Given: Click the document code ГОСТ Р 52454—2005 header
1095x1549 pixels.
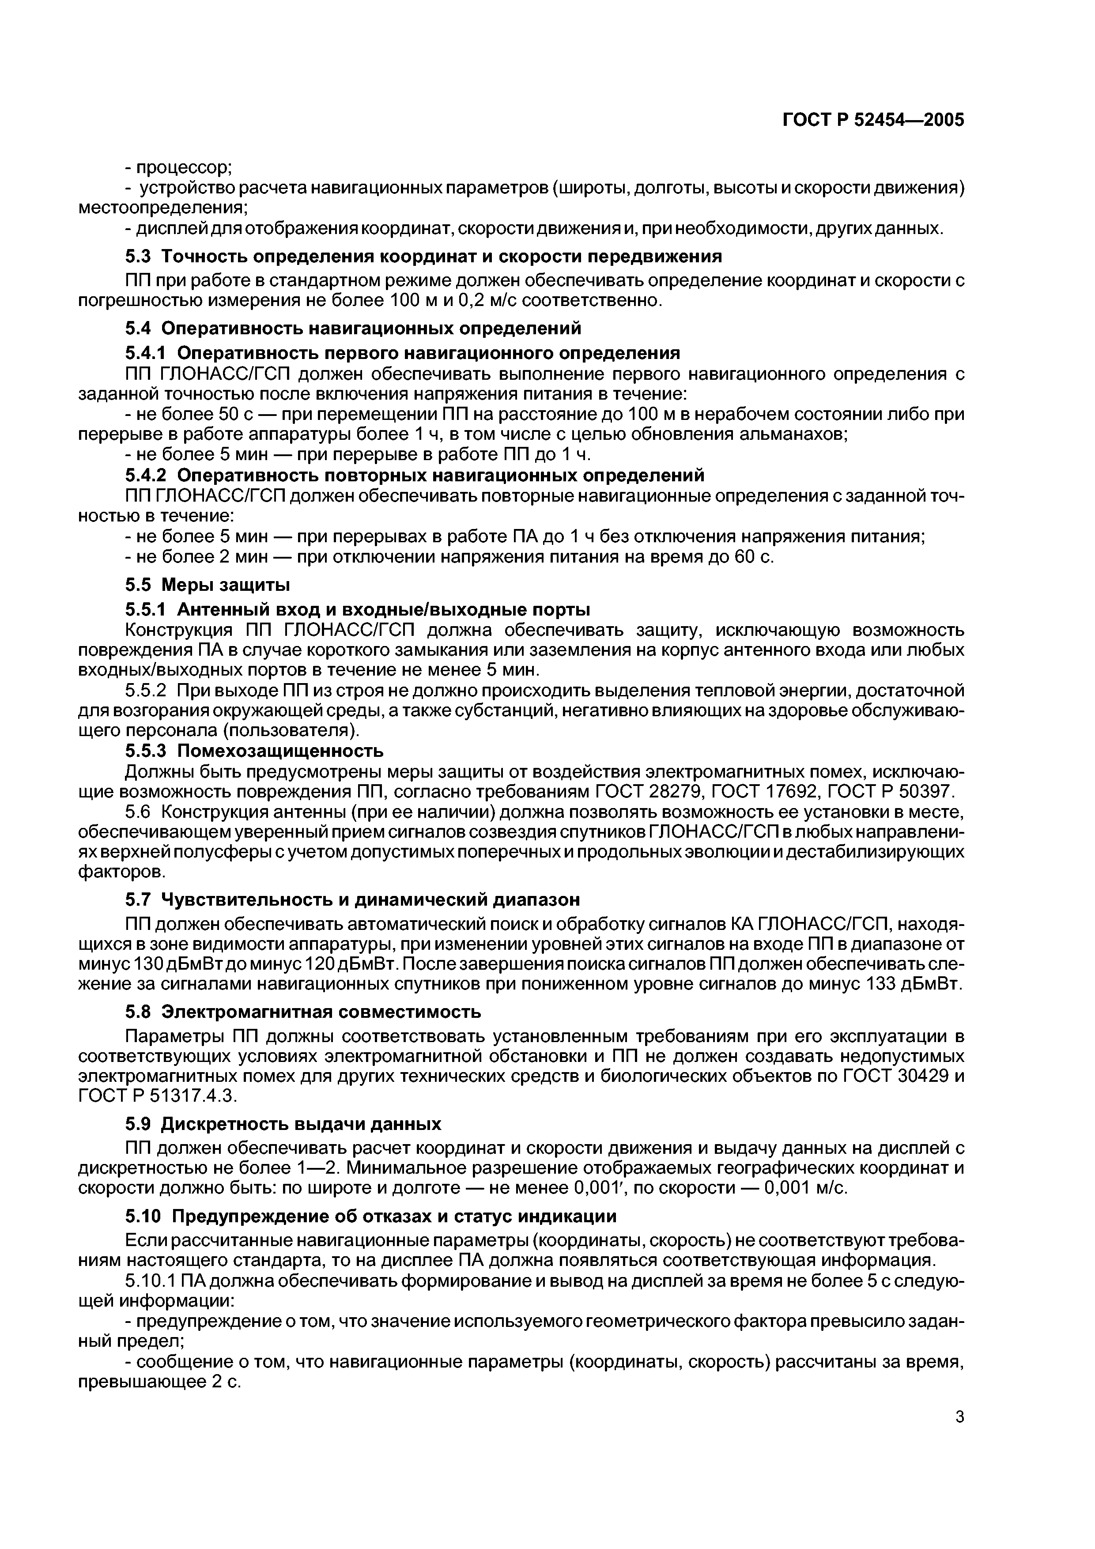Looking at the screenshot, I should tap(873, 120).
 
